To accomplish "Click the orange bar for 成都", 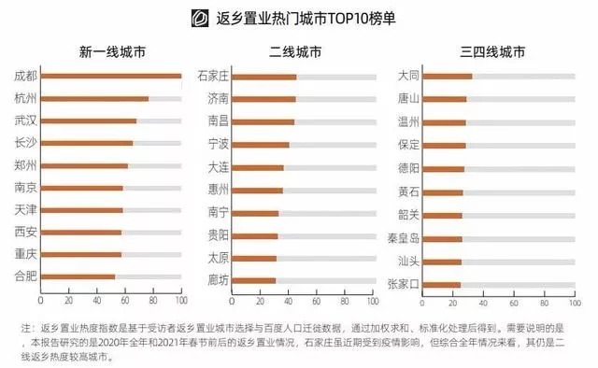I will [x=111, y=76].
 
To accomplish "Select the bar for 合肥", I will [x=78, y=276].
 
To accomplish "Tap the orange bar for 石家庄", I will [x=263, y=77].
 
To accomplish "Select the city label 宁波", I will [x=218, y=145].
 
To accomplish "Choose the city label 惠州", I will [x=218, y=190].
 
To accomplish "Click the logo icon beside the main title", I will [x=197, y=17].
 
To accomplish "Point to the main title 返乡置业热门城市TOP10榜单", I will [x=313, y=17].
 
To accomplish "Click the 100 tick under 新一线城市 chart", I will [x=181, y=302].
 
